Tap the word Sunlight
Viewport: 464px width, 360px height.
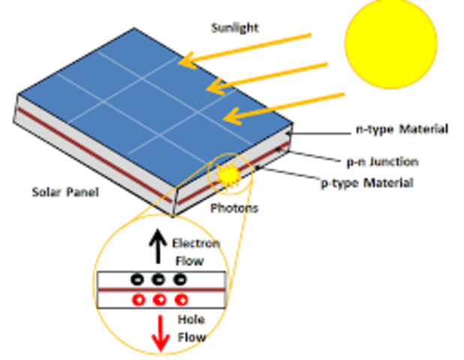(234, 28)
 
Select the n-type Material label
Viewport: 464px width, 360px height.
(402, 129)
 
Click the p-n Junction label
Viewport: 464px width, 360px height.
(381, 161)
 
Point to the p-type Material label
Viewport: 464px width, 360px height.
(367, 182)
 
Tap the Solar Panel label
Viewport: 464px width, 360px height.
(65, 192)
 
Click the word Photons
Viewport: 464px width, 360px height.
(234, 208)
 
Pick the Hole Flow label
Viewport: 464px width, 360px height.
(191, 328)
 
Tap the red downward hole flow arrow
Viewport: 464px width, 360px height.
(160, 333)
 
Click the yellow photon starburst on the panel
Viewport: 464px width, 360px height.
(227, 175)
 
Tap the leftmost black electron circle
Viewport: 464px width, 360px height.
(137, 279)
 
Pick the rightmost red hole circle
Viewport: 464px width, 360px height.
(180, 301)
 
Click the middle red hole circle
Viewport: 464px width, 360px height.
(159, 301)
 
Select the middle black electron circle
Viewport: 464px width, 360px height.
(158, 279)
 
